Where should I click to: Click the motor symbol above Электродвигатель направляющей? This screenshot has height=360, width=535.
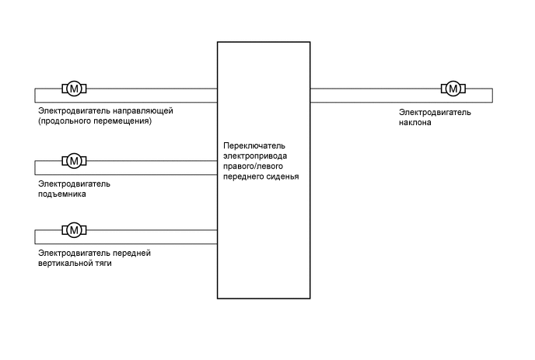[x=74, y=88]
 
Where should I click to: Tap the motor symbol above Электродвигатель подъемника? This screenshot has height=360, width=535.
[x=74, y=161]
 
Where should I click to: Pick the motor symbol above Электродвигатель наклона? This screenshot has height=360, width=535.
[x=452, y=88]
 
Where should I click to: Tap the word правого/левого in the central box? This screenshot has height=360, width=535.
[x=252, y=166]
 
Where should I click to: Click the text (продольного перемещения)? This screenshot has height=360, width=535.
[x=94, y=121]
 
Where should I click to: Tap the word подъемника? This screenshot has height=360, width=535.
[x=61, y=194]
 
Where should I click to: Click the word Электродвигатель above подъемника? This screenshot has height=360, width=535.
[x=74, y=184]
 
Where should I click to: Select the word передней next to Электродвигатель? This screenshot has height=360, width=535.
[x=131, y=253]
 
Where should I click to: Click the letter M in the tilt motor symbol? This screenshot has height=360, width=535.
[x=452, y=88]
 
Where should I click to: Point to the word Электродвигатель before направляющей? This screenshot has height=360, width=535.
[x=74, y=111]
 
